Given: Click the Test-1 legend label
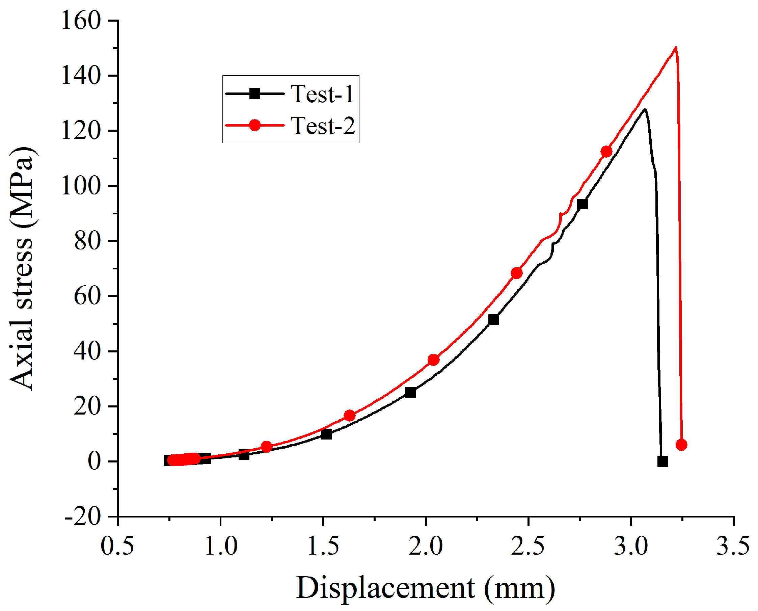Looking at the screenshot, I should tap(322, 94).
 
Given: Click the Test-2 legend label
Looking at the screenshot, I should tap(322, 126).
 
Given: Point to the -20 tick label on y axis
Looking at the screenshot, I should tap(82, 517).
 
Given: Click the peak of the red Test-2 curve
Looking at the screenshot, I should tap(675, 48).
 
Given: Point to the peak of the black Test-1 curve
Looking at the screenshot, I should tap(644, 109).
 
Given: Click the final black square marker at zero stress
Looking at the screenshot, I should tap(662, 461).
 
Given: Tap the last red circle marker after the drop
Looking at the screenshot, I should tap(681, 445).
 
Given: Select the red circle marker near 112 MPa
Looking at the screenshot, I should tap(606, 152).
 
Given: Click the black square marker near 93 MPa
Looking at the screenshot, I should tap(583, 204).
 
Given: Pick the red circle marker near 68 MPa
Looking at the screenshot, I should tap(517, 273).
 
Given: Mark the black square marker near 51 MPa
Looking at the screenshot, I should tap(494, 320).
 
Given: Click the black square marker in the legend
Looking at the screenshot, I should tap(254, 94).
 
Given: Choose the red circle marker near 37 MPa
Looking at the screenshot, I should tap(433, 360).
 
